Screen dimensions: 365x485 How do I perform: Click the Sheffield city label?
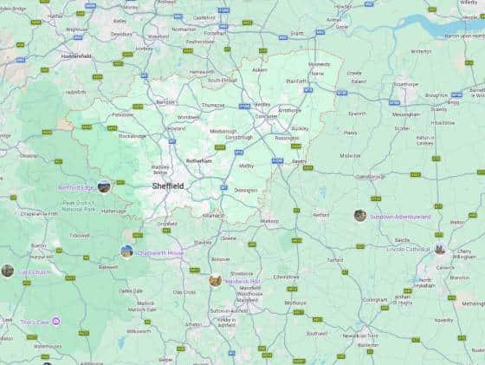coord(167,186)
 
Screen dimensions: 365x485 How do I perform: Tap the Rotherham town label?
coord(199,161)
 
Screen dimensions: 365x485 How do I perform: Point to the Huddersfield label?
coord(76,55)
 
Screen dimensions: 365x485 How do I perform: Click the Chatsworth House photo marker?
coord(127,251)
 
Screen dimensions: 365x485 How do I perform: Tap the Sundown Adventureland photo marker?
coord(360,215)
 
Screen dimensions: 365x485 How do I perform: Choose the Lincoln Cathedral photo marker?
coord(440,250)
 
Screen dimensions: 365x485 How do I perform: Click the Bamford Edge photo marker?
coord(104,186)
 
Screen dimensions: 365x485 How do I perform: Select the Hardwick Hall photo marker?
coord(215,281)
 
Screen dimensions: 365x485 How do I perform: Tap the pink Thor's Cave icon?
coord(56,322)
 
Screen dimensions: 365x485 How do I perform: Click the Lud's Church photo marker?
coord(8,270)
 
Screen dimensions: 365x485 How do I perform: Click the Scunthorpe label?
coord(405,84)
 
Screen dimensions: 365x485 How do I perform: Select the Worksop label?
coord(270,221)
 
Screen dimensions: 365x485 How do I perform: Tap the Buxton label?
coord(38,245)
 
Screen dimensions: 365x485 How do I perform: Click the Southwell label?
coord(317,333)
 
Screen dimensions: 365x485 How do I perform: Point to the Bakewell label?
coord(108,267)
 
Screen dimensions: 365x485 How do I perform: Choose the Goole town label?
coord(342,27)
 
